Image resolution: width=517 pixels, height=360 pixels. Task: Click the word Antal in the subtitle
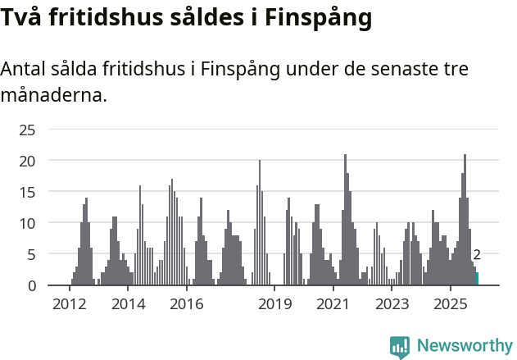(25, 69)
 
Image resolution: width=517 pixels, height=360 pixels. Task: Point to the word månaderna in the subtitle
(52, 95)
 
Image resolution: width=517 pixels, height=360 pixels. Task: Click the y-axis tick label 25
(27, 130)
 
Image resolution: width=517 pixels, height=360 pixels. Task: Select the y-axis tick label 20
(27, 161)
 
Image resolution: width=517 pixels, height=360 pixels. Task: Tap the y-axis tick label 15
(27, 192)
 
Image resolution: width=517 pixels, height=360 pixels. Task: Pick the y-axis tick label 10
(27, 223)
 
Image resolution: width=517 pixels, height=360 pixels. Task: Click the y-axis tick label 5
(31, 254)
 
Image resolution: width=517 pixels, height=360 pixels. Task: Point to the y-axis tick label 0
(31, 285)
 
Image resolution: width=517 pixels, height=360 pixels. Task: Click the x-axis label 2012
(70, 305)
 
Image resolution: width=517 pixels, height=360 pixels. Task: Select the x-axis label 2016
(187, 305)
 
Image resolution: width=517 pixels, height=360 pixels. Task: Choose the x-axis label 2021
(333, 305)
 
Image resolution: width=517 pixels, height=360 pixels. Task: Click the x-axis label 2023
(392, 305)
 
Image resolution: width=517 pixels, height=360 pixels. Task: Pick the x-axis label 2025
(451, 305)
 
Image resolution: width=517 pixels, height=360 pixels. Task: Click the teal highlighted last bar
(477, 279)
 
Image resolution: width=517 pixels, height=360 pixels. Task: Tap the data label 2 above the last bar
(477, 256)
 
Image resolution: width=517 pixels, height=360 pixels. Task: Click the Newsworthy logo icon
(400, 347)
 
